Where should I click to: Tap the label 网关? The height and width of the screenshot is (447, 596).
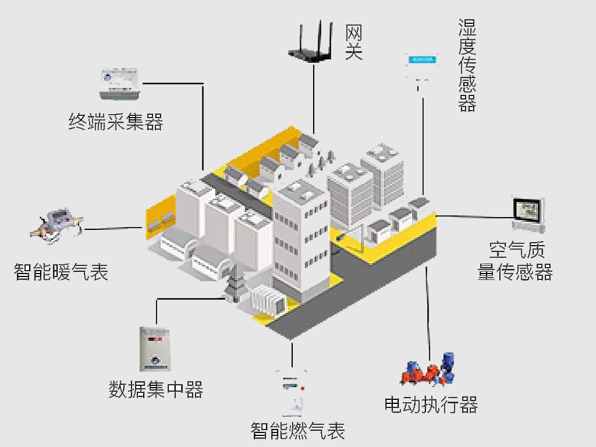(x=353, y=42)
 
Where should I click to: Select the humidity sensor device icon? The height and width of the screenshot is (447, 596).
(x=422, y=67)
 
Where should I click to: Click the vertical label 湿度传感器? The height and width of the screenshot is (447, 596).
(x=467, y=65)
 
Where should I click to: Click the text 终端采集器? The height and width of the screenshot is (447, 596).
(x=116, y=122)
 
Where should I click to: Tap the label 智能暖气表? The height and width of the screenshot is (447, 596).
(x=61, y=272)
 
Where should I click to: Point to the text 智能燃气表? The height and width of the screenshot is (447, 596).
(x=298, y=431)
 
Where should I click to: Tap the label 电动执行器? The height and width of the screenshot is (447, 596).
(x=431, y=404)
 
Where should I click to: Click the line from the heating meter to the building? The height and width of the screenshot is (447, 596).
(x=113, y=228)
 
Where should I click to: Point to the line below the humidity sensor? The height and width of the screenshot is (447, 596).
(x=423, y=146)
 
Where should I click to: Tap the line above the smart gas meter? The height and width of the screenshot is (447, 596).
(x=292, y=352)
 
